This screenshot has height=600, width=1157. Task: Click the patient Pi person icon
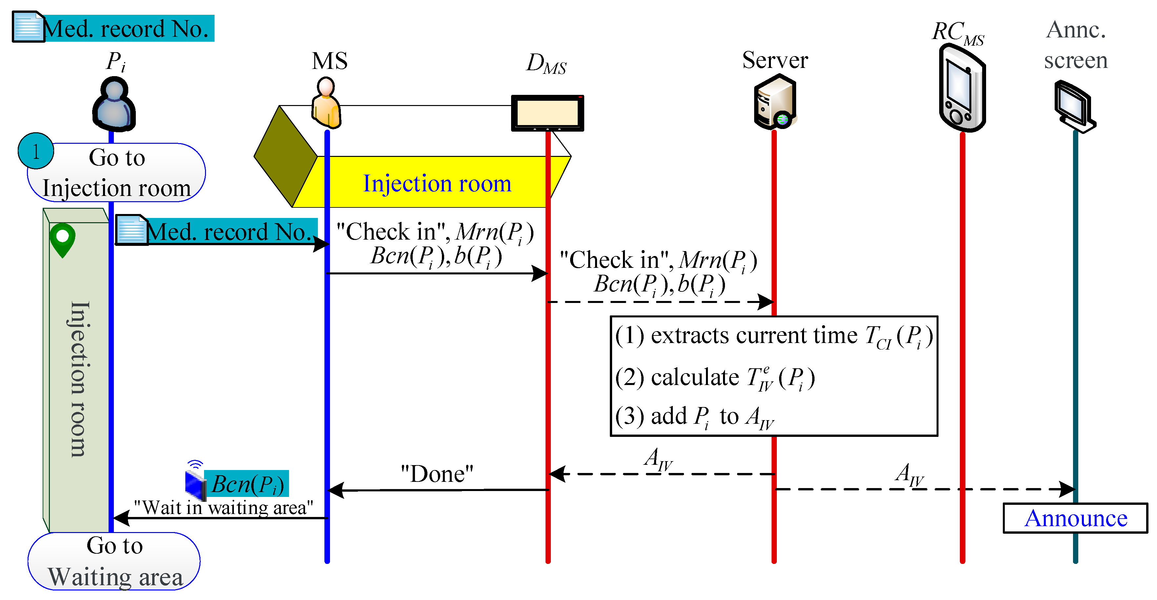click(114, 104)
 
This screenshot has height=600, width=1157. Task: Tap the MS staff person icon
click(326, 103)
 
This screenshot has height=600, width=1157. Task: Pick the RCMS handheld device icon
click(962, 90)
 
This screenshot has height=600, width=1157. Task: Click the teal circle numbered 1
click(35, 151)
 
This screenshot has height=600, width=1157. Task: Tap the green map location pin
click(62, 239)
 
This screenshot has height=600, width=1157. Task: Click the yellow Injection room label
click(437, 183)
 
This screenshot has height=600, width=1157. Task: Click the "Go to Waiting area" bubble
click(114, 561)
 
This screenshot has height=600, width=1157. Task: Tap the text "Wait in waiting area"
click(223, 507)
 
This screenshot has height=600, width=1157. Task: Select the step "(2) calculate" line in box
click(714, 377)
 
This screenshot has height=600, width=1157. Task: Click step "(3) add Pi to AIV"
click(694, 416)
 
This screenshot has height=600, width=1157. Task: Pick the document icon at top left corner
click(28, 27)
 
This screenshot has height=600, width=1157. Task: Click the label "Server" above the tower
click(775, 60)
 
